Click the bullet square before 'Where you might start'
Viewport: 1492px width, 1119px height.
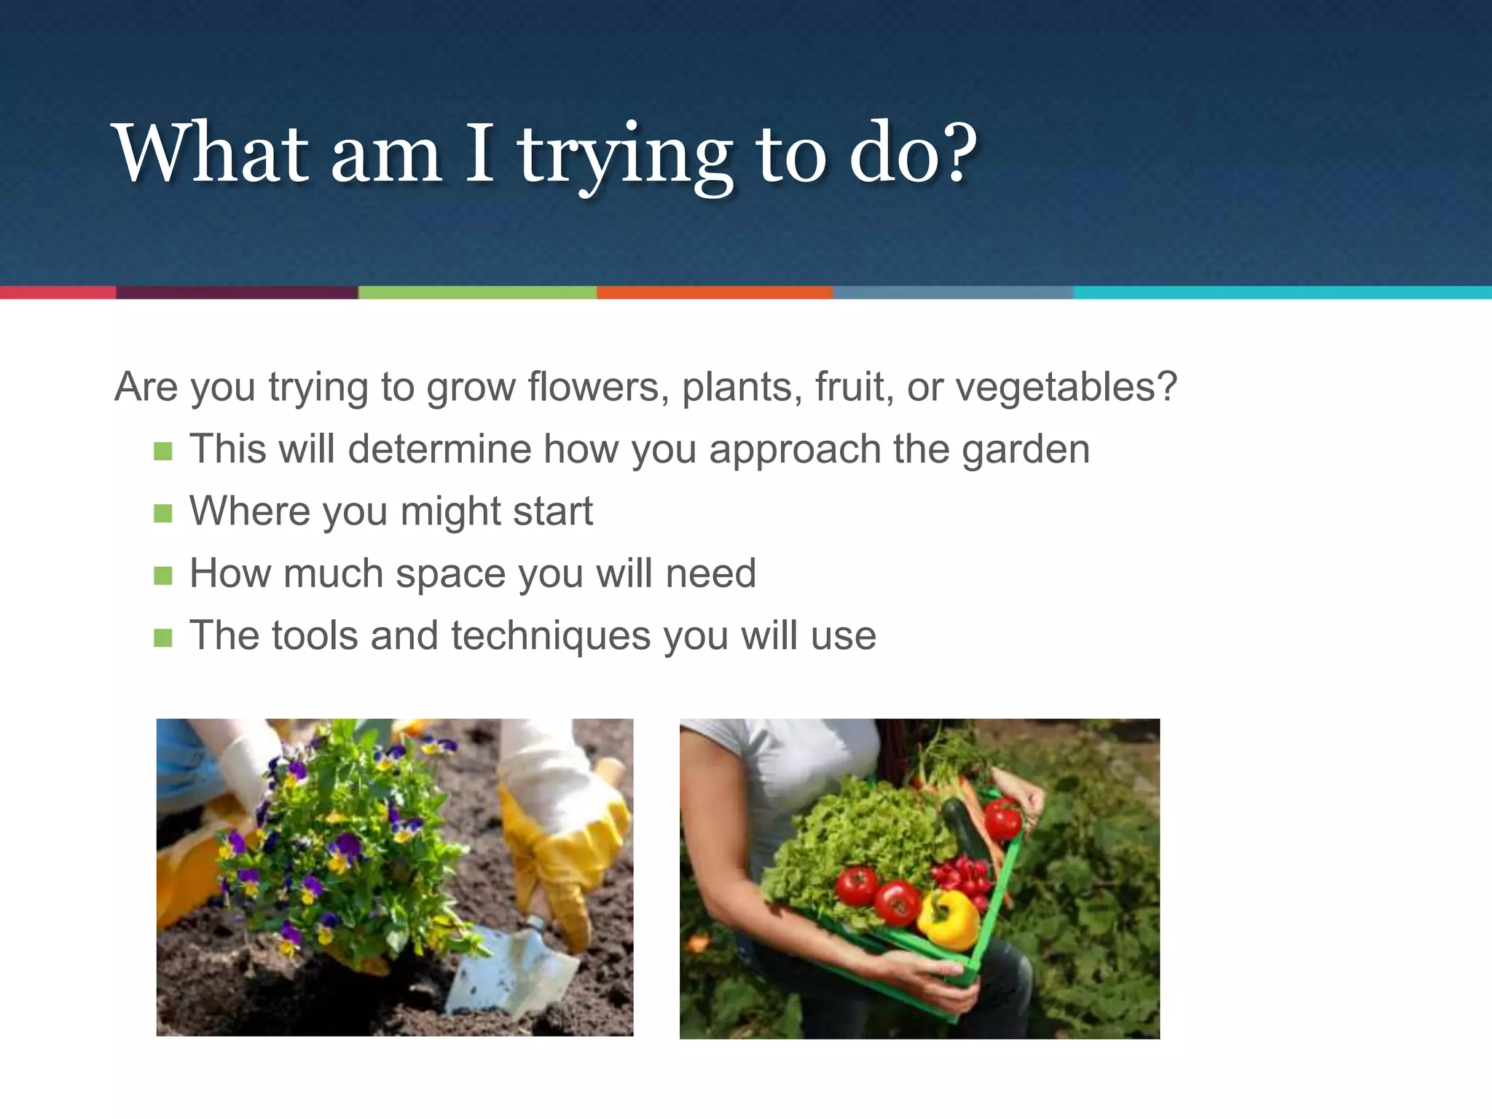click(163, 513)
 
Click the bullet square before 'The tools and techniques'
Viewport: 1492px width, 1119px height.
click(163, 638)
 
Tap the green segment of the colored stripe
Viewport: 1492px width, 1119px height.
click(477, 292)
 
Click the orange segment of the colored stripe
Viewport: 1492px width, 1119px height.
click(714, 292)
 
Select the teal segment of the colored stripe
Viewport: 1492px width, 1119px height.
click(1282, 292)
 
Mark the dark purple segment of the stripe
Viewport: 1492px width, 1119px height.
click(237, 292)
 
